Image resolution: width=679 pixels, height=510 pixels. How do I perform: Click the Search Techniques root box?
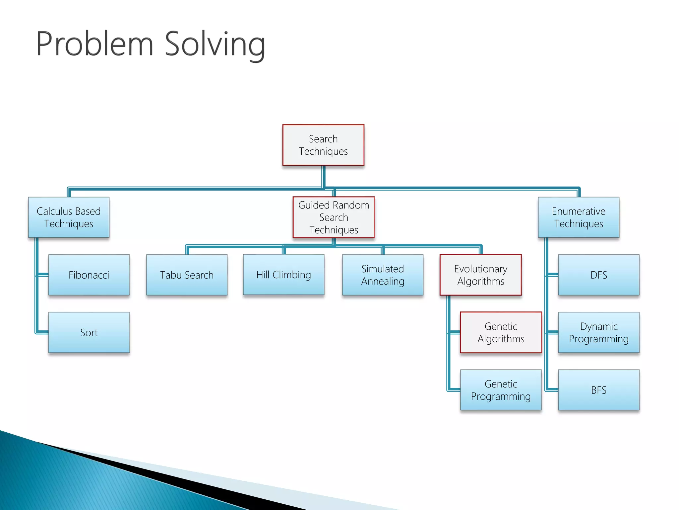(323, 145)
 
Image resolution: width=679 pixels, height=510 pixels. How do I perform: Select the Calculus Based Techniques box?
(69, 217)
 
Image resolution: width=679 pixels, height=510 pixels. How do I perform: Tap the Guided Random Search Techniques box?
(334, 217)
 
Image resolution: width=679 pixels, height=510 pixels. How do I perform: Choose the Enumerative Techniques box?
(579, 217)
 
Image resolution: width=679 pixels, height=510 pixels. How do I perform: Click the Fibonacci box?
(89, 275)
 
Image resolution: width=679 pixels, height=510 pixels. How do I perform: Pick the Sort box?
(89, 332)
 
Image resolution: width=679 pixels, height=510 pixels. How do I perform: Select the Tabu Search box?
(187, 275)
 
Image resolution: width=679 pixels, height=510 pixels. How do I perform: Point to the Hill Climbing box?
(283, 275)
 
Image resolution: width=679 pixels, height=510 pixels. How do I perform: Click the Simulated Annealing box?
(383, 275)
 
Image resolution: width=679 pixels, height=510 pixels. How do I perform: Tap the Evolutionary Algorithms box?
(480, 275)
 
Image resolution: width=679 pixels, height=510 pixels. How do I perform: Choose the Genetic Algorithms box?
(501, 332)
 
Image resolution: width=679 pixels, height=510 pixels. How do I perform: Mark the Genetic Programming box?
(501, 390)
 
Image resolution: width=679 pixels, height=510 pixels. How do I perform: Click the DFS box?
(599, 275)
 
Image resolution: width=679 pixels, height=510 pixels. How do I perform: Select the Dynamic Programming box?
(599, 332)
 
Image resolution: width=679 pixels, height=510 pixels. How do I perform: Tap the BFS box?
(599, 390)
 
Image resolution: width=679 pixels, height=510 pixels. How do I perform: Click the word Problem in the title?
(95, 44)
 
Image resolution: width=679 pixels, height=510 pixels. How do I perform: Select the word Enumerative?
(579, 211)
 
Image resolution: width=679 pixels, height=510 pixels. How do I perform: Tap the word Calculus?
(54, 211)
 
